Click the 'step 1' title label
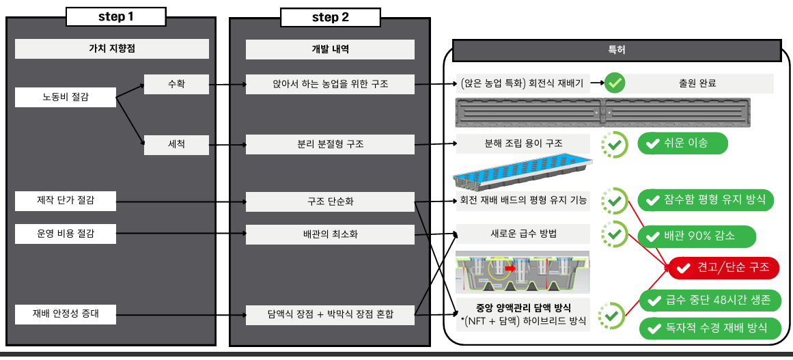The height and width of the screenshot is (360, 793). pyautogui.click(x=116, y=16)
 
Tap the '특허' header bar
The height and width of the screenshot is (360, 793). pyautogui.click(x=617, y=51)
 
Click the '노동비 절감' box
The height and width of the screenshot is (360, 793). pyautogui.click(x=66, y=97)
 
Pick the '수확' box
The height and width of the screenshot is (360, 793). pyautogui.click(x=176, y=84)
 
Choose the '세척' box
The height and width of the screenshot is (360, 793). pyautogui.click(x=176, y=145)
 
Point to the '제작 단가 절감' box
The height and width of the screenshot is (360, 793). pyautogui.click(x=66, y=202)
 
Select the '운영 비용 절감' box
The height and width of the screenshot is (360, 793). pyautogui.click(x=66, y=234)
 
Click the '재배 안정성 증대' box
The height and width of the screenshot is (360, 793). pyautogui.click(x=66, y=314)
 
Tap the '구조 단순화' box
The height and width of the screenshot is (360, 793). pyautogui.click(x=330, y=202)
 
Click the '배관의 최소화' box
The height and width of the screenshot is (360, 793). pyautogui.click(x=330, y=234)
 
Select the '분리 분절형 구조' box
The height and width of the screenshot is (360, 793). pyautogui.click(x=330, y=145)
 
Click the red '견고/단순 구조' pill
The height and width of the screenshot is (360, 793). pyautogui.click(x=724, y=268)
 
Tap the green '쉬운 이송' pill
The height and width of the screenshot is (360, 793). pyautogui.click(x=683, y=143)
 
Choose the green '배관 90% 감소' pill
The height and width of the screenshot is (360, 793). pyautogui.click(x=697, y=236)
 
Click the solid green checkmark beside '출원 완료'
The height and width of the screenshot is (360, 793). pyautogui.click(x=615, y=83)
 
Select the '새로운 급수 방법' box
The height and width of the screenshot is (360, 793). pyautogui.click(x=523, y=234)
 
